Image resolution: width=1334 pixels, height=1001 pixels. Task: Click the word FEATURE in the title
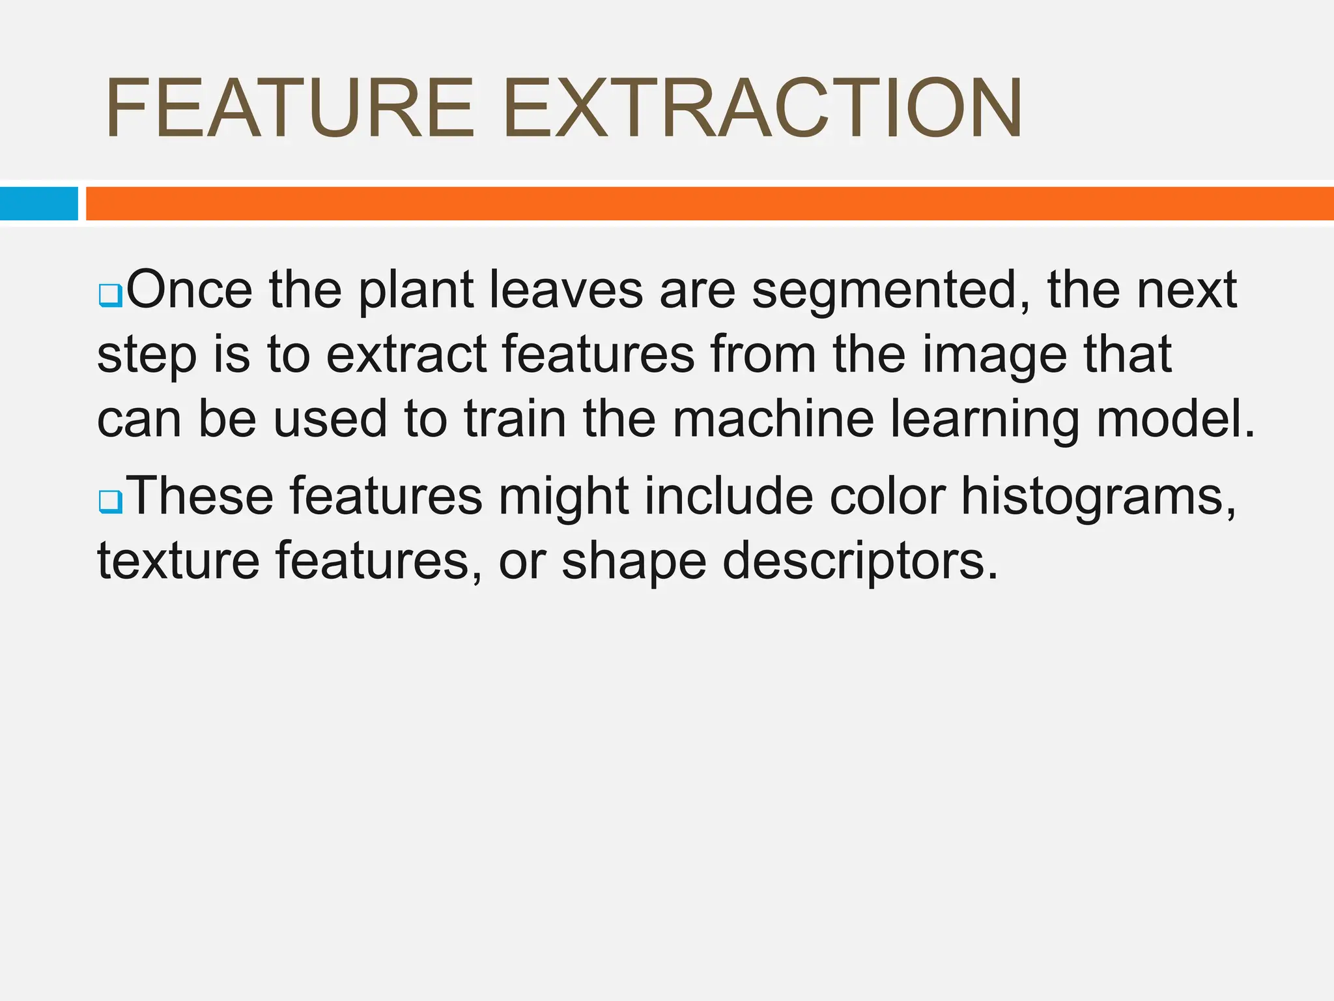290,108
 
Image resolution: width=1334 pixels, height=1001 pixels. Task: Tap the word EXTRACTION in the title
762,108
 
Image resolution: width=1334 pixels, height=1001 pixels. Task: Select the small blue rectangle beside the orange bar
39,203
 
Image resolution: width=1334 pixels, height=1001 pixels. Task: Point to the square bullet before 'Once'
110,295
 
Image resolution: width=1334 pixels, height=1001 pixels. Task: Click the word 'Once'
190,290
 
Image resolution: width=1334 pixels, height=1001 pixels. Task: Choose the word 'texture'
178,560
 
